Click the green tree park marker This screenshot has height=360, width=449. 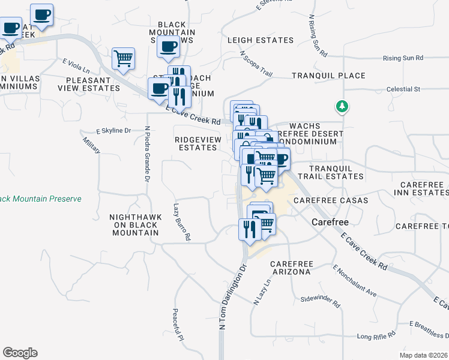pos(342,107)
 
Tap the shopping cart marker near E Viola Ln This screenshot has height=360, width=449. pos(123,59)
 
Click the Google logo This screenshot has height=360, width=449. pos(20,353)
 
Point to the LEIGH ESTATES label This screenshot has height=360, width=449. pos(261,41)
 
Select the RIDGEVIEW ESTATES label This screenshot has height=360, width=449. pos(197,143)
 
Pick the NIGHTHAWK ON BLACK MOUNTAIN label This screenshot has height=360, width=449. pos(134,224)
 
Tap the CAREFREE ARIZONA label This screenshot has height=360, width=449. pos(290,268)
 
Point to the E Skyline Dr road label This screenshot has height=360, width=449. pos(113,130)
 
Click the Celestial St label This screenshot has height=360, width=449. pos(403,89)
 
